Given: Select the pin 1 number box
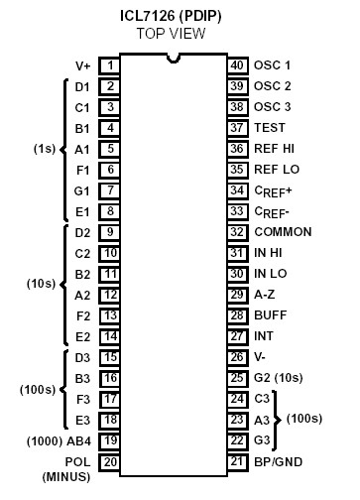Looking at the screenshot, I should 110,65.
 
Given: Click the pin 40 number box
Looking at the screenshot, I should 237,65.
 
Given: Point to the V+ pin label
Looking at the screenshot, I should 82,65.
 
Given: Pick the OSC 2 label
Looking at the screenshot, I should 273,86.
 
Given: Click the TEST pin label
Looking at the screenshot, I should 270,128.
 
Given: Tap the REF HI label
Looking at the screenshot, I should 274,149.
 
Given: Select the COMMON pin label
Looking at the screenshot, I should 283,232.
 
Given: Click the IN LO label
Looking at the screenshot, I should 271,274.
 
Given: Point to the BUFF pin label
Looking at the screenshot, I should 270,315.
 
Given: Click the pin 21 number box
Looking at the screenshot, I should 237,461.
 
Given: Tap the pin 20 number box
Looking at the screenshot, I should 110,461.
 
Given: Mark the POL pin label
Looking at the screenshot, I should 77,461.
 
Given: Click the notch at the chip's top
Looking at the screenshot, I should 174,59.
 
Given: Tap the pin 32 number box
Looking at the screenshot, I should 237,232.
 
